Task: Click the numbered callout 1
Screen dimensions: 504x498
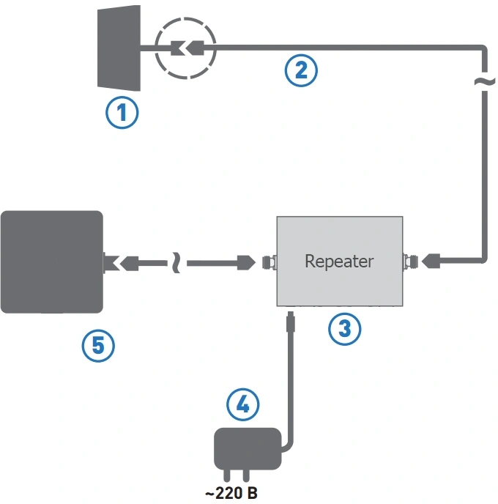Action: [122, 114]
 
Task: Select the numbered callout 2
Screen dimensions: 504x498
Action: [301, 71]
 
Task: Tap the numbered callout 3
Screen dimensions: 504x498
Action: [344, 329]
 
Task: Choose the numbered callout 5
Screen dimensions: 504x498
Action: [98, 345]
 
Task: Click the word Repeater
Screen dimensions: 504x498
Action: [339, 261]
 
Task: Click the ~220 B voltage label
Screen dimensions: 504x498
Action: [231, 494]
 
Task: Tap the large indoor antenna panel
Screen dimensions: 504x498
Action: [51, 262]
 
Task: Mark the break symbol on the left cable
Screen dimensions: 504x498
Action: [176, 261]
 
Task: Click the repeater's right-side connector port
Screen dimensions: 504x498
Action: [409, 260]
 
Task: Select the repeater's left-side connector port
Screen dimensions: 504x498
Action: [269, 261]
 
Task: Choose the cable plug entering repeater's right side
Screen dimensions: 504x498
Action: [431, 260]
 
